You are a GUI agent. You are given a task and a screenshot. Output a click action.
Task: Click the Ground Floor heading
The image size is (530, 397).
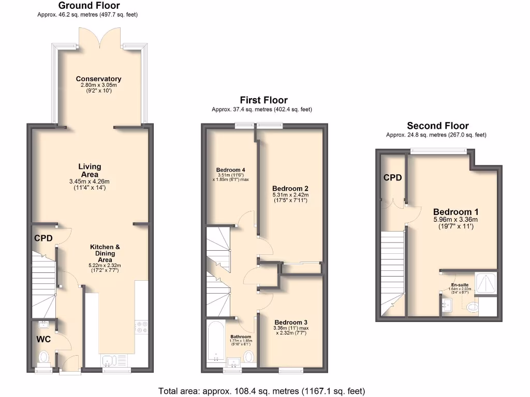point(89,6)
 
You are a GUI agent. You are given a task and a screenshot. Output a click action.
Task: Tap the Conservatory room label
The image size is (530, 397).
point(98,79)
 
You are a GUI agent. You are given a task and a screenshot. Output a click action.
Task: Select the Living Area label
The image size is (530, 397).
point(90,171)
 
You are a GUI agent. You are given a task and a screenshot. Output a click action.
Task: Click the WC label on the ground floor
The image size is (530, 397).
point(44,340)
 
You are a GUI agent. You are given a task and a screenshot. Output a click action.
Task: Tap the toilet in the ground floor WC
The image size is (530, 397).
point(44,357)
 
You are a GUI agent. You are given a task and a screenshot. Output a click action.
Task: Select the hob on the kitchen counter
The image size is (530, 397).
point(141,327)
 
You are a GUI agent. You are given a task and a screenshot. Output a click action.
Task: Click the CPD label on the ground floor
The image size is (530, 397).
point(43,238)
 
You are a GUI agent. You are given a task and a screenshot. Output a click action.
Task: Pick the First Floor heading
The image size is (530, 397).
point(263,100)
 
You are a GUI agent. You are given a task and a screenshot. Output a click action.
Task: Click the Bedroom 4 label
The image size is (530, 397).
point(230,170)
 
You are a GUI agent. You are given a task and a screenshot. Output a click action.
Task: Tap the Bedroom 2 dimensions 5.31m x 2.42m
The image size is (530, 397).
point(290,195)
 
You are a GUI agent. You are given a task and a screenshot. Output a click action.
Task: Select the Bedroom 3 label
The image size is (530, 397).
point(291,321)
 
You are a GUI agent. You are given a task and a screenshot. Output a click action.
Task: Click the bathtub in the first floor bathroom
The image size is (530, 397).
point(216,344)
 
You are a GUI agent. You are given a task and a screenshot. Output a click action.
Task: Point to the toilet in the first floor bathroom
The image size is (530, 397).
point(249,356)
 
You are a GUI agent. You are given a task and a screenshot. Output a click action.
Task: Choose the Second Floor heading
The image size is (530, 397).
point(437,126)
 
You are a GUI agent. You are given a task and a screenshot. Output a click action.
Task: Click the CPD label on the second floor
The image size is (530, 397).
point(392,178)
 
